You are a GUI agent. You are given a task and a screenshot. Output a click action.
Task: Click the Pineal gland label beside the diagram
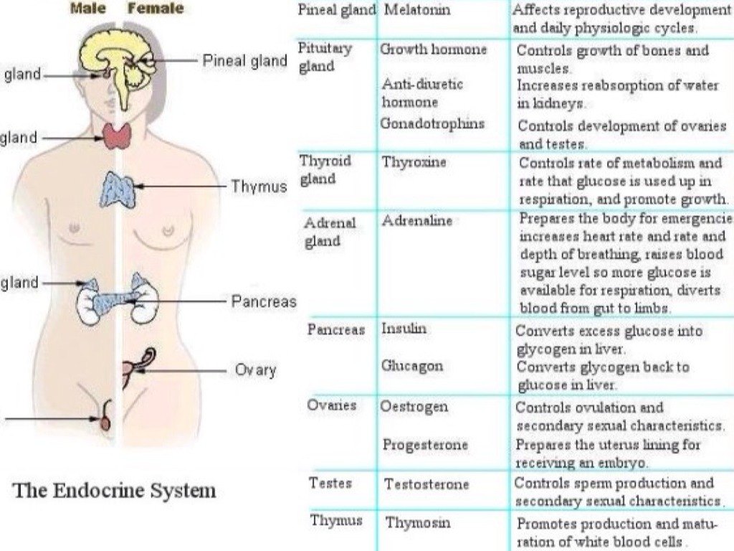pyautogui.click(x=244, y=61)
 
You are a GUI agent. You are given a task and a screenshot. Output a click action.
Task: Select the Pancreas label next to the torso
pyautogui.click(x=263, y=301)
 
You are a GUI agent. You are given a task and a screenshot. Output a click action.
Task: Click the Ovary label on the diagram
pyautogui.click(x=255, y=370)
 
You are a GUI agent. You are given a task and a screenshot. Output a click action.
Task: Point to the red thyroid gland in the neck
pyautogui.click(x=117, y=136)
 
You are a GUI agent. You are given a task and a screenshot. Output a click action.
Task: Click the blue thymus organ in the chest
pyautogui.click(x=118, y=189)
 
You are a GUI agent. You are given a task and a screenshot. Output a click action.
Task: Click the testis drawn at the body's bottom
pyautogui.click(x=106, y=420)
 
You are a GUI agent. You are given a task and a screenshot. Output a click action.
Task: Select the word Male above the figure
pyautogui.click(x=88, y=9)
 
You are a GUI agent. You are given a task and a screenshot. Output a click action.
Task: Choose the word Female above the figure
pyautogui.click(x=155, y=9)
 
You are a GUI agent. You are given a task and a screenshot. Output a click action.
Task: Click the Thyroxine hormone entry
pyautogui.click(x=414, y=162)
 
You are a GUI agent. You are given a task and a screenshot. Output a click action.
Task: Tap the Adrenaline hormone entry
pyautogui.click(x=417, y=221)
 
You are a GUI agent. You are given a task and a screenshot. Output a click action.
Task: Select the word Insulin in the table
pyautogui.click(x=404, y=329)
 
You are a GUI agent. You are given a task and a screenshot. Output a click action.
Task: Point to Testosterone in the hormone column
pyautogui.click(x=426, y=484)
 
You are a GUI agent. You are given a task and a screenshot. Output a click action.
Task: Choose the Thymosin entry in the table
pyautogui.click(x=418, y=522)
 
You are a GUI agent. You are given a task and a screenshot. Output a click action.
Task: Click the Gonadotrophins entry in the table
pyautogui.click(x=432, y=123)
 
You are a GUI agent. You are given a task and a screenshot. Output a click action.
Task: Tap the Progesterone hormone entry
pyautogui.click(x=425, y=444)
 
